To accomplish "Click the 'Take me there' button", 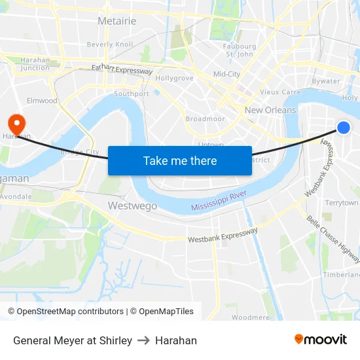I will coord(180,160).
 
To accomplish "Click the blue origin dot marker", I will coord(343,128).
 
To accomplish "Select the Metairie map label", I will coord(117,21).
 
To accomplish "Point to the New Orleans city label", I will coord(270,110).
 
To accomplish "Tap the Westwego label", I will coord(132,206).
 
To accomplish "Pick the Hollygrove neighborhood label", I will coord(174,78).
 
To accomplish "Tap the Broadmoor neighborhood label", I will coord(205,119).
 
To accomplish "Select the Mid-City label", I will coord(226,74).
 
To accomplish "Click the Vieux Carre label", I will coord(280,92).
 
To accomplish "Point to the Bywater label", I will coord(325,81).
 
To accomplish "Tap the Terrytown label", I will coord(342,203).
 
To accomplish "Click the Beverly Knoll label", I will coord(110,45).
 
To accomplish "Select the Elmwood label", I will coord(42,101).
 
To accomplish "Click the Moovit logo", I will coord(321,339).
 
